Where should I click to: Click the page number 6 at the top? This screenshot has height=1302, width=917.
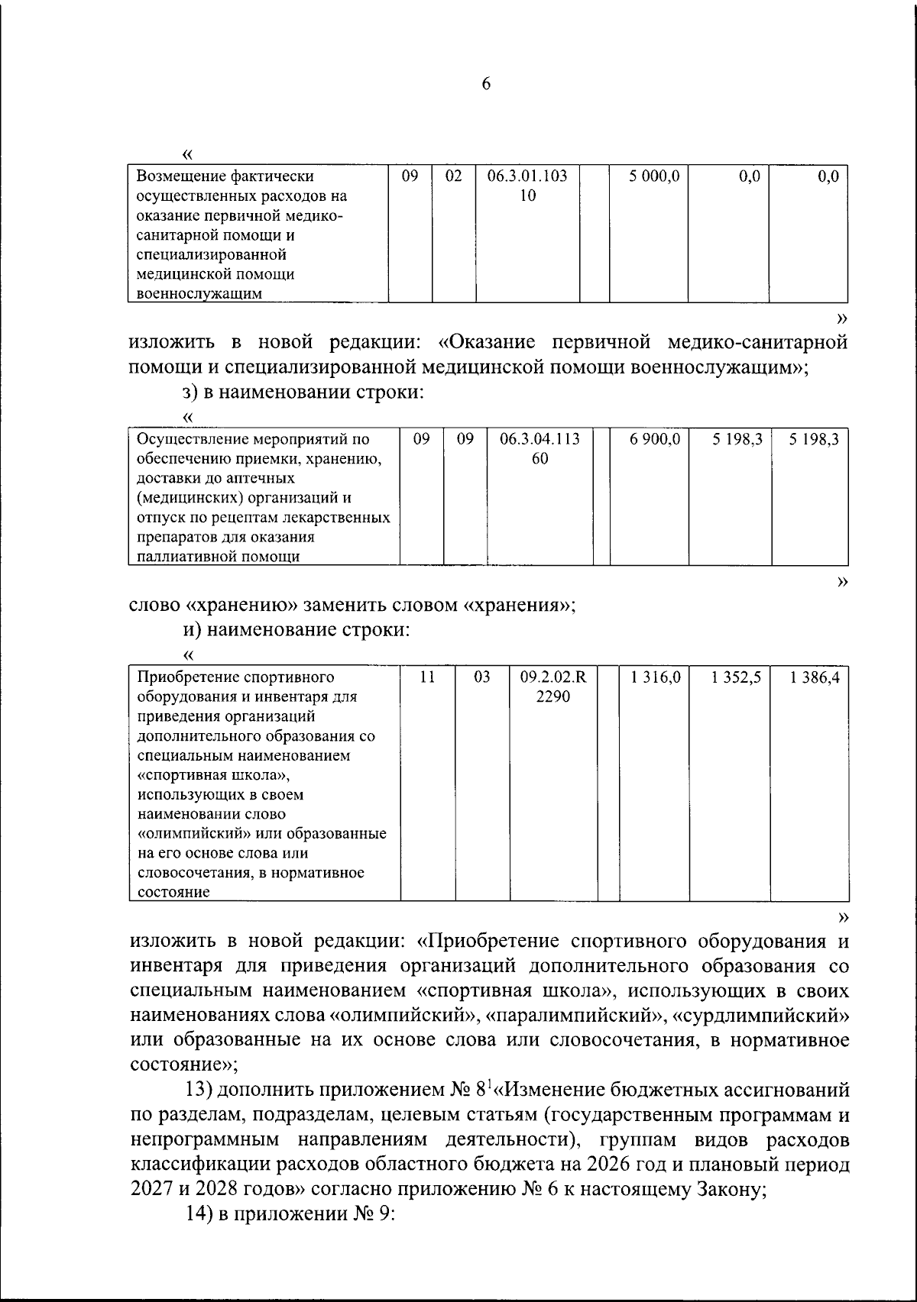coord(486,84)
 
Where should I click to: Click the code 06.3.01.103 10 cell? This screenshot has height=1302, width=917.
coord(527,186)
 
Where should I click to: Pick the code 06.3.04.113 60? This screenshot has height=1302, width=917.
coord(540,449)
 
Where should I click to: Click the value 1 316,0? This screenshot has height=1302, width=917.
coord(655,677)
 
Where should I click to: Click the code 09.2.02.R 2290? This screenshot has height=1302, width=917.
coord(553,687)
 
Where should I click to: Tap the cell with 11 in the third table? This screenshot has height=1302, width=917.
coord(428,677)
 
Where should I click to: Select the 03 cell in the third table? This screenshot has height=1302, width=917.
coord(481,677)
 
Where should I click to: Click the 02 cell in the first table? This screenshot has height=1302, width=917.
coord(454,176)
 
